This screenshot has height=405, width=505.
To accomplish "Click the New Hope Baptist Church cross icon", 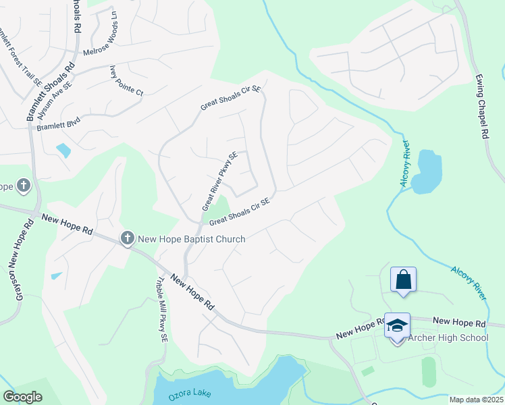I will [128, 238].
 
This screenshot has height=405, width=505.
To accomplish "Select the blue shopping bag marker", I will [403, 280].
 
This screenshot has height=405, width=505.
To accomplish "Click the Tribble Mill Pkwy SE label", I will [161, 310].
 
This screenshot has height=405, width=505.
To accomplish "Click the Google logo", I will [22, 397].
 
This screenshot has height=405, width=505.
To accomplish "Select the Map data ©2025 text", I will [475, 400].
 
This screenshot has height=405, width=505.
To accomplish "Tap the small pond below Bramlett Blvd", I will [63, 150].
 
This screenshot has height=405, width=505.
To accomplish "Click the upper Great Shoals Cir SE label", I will [230, 99].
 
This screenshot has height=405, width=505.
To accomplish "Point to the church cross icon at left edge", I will [23, 185].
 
